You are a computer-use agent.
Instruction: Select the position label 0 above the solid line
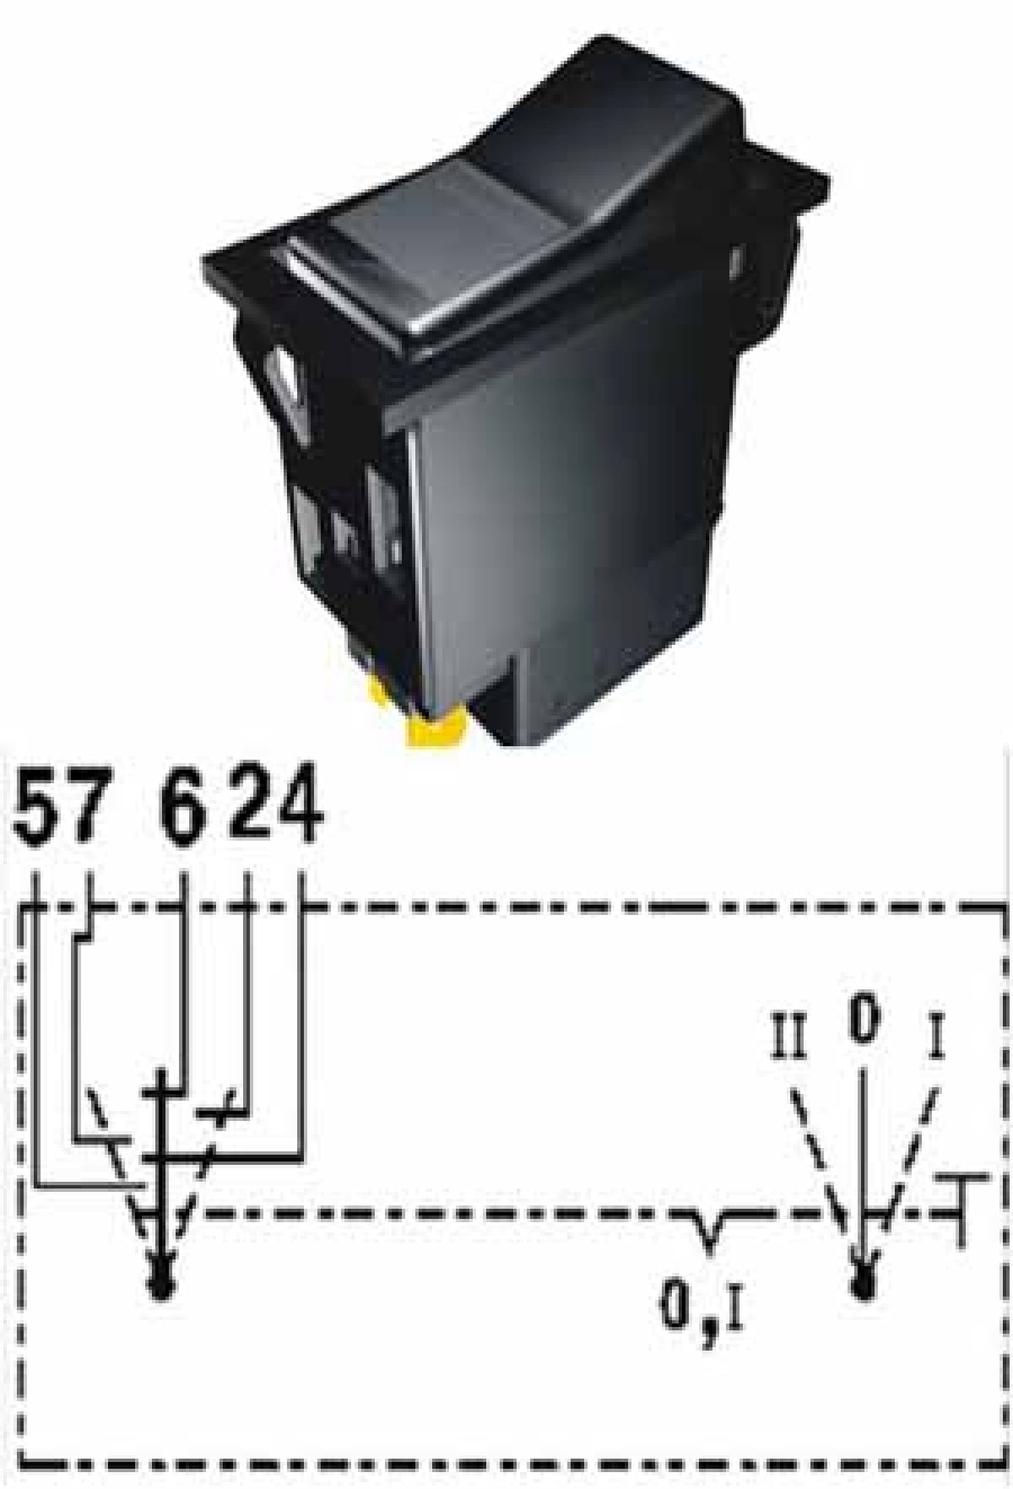click(863, 1021)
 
